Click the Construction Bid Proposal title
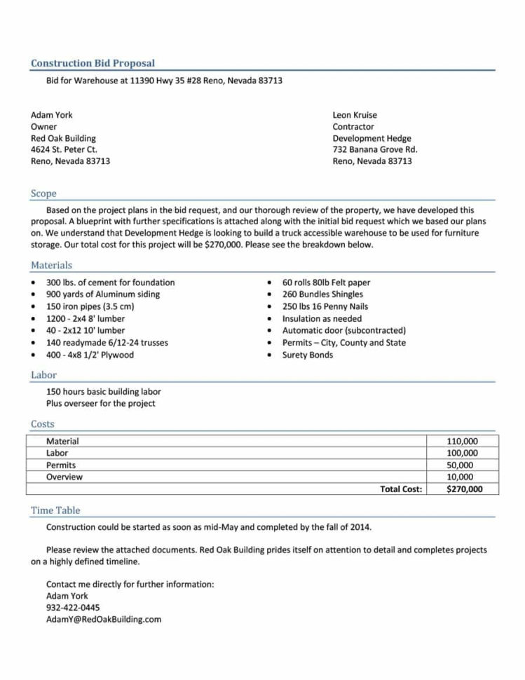click(x=93, y=63)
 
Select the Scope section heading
click(x=43, y=193)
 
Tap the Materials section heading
click(x=51, y=265)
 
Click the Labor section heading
click(x=43, y=375)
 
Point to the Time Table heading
click(x=55, y=510)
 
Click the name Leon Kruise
click(x=355, y=115)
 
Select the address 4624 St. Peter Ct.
click(x=64, y=149)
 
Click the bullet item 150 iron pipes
click(x=90, y=306)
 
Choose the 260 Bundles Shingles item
click(x=322, y=294)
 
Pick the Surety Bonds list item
click(x=308, y=355)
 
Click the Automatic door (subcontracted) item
click(x=343, y=330)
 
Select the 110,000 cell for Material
click(x=462, y=442)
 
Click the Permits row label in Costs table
click(x=61, y=465)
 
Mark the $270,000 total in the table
click(x=464, y=489)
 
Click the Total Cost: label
click(x=401, y=489)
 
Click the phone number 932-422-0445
click(x=73, y=608)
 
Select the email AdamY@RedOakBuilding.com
click(x=104, y=620)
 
